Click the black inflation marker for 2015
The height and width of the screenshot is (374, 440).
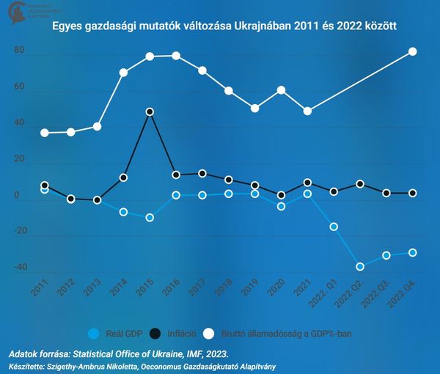[x=150, y=112]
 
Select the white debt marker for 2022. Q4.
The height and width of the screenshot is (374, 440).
[x=412, y=51]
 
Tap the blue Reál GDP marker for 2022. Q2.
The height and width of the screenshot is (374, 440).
[x=360, y=267]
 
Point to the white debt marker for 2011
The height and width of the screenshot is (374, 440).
[x=45, y=133]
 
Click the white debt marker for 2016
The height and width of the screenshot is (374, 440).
[x=176, y=56]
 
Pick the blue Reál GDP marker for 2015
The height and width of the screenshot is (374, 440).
[x=150, y=218]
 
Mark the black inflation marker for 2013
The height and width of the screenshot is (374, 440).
[x=97, y=199]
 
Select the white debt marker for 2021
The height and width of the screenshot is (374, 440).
[x=307, y=111]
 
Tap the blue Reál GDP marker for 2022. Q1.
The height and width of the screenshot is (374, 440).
[x=334, y=227]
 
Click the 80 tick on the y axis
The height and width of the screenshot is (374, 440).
[x=20, y=51]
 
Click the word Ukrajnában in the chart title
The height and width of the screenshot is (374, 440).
[x=264, y=27]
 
